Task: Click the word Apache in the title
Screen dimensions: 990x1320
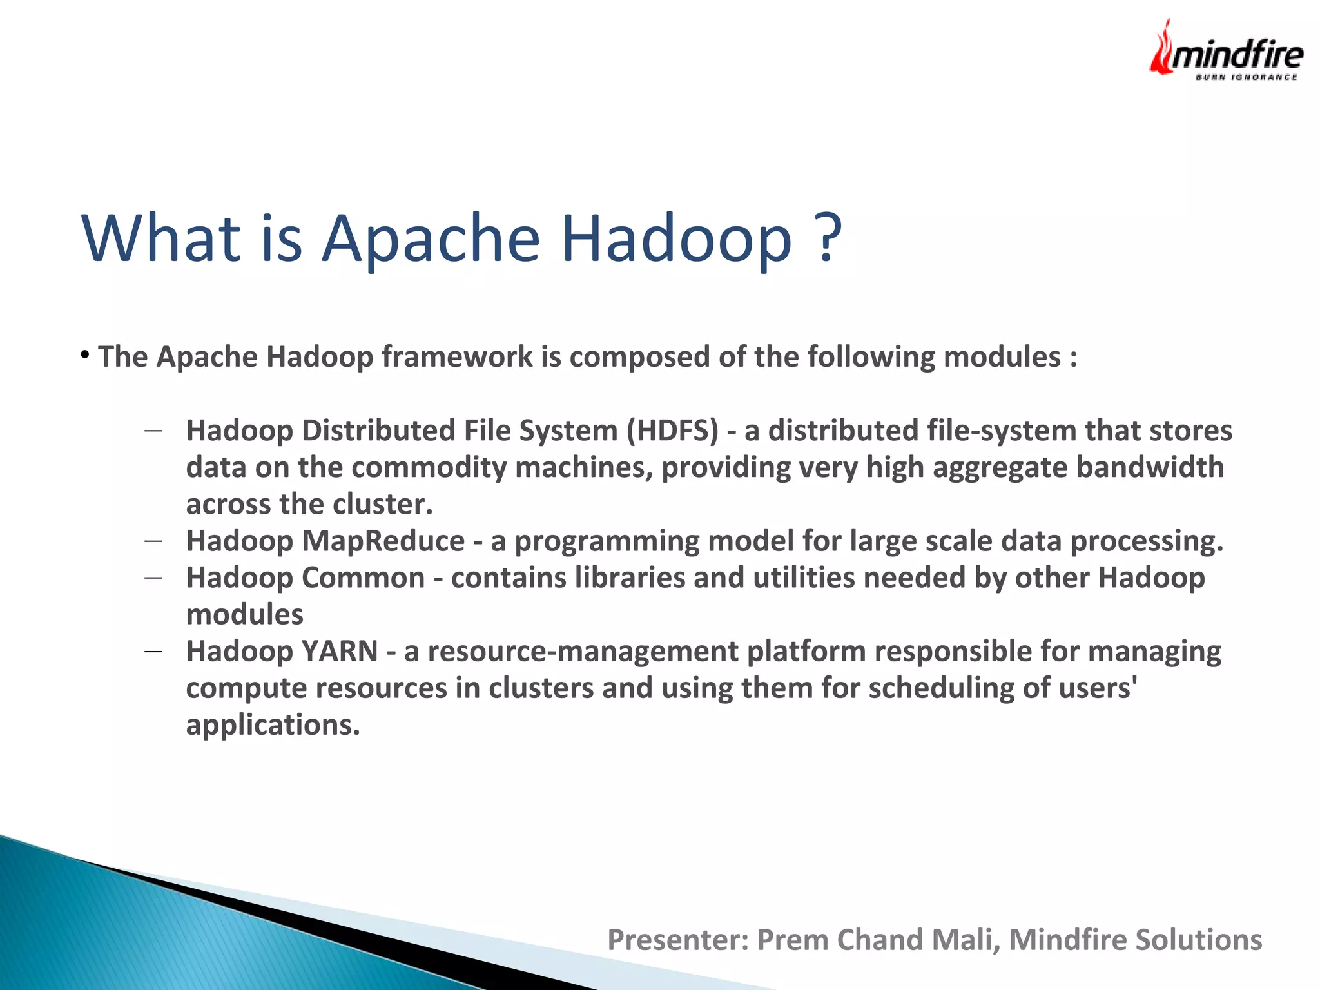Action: (430, 238)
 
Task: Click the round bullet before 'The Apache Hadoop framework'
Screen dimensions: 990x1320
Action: (84, 354)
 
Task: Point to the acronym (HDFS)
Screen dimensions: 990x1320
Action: (672, 431)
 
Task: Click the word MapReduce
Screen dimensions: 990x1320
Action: (383, 541)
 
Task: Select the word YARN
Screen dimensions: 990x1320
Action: (340, 651)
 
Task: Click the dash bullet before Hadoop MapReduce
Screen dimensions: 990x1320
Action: (153, 541)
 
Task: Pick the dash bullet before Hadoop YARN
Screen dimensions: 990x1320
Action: (153, 652)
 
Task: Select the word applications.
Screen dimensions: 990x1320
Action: (272, 726)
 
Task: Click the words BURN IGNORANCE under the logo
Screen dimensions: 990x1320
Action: (1246, 77)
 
